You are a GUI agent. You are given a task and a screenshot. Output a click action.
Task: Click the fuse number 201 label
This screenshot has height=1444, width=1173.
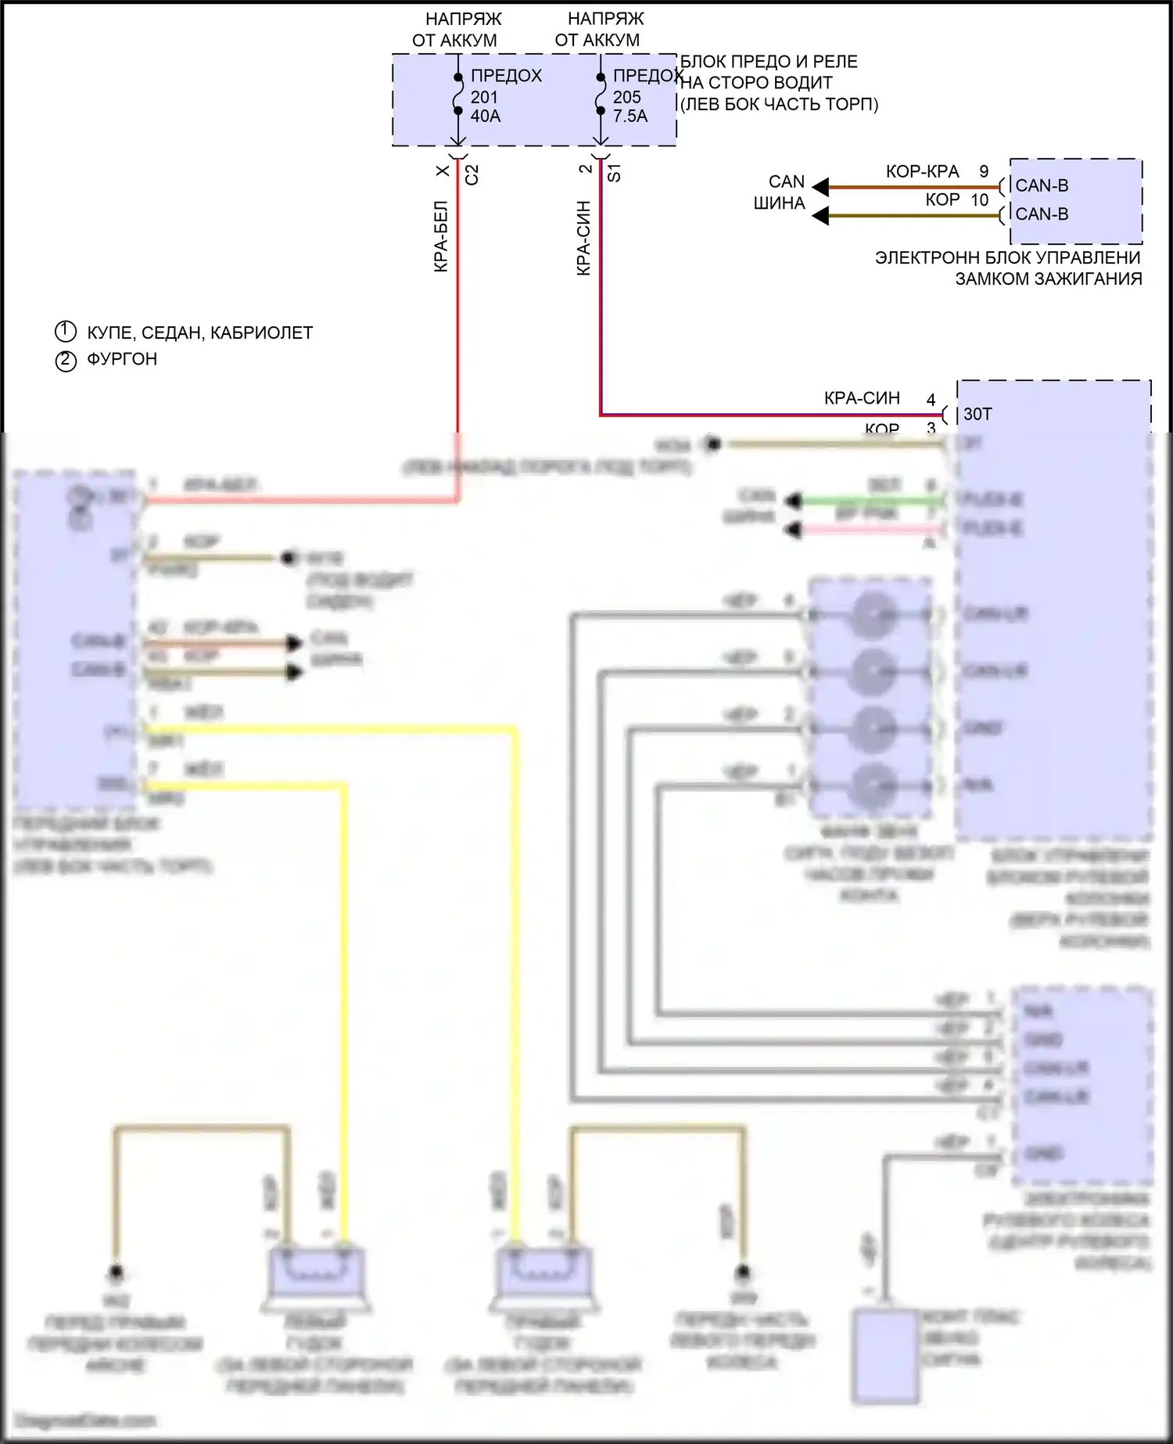point(484,97)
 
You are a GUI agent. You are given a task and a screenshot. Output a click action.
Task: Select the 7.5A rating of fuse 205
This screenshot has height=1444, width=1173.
point(630,116)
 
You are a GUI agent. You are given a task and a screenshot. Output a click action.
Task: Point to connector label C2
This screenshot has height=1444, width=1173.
point(472,174)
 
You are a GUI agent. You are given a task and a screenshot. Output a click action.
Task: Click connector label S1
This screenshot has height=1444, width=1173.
point(615,173)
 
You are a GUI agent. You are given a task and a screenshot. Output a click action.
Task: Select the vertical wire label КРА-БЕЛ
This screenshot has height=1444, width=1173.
point(441,236)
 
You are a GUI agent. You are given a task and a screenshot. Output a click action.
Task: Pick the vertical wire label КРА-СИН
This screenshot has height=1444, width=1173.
point(583,238)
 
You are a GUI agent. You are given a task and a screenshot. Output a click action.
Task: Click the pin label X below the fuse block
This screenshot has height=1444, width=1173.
point(443,171)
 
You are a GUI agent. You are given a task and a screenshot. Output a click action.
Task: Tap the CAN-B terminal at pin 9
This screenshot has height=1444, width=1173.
point(1042,185)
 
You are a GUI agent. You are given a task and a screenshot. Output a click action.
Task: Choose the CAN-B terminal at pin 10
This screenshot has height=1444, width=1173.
point(1042,214)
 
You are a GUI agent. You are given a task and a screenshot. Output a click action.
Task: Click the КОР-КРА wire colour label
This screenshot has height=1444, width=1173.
point(922,172)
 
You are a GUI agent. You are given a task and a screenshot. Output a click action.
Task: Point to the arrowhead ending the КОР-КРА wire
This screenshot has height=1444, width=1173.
point(820,187)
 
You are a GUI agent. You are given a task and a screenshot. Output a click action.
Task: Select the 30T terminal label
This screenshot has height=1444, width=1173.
point(977,414)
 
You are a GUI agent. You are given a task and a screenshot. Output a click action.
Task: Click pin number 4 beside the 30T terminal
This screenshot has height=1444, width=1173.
point(931,400)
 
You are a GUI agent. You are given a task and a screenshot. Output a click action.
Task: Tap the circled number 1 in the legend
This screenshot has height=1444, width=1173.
point(66,332)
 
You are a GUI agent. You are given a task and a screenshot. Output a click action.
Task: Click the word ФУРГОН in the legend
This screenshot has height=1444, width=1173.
point(122,359)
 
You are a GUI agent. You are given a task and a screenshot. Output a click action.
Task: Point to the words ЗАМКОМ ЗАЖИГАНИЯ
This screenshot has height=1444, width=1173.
point(1048,278)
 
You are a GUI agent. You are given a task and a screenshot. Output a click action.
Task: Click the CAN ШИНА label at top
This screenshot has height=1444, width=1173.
point(780,192)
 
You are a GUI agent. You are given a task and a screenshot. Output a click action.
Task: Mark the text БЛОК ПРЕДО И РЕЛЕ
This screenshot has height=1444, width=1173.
point(769,62)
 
